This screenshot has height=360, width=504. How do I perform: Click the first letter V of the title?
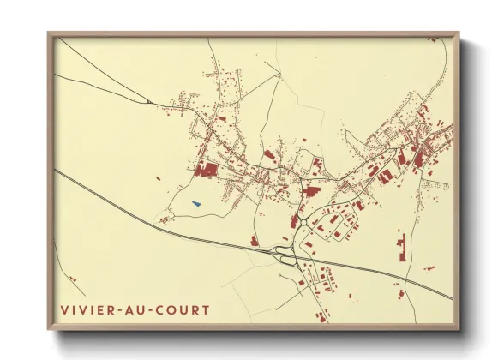point(64,309)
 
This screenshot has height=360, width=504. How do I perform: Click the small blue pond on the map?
point(196,204)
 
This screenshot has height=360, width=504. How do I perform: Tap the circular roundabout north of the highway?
point(304,223)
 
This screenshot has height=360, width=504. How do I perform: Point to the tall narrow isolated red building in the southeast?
point(399,248)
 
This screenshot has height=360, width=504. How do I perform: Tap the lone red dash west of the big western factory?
point(159,177)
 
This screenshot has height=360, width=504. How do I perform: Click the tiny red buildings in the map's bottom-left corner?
point(73,279)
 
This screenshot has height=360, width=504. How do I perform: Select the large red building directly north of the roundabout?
point(310,191)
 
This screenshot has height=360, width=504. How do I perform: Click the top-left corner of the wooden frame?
point(49,34)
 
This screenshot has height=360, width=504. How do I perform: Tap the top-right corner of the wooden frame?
point(459,34)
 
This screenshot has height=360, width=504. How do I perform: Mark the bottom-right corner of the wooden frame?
point(459,329)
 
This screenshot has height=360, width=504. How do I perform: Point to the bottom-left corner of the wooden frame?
point(49,329)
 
